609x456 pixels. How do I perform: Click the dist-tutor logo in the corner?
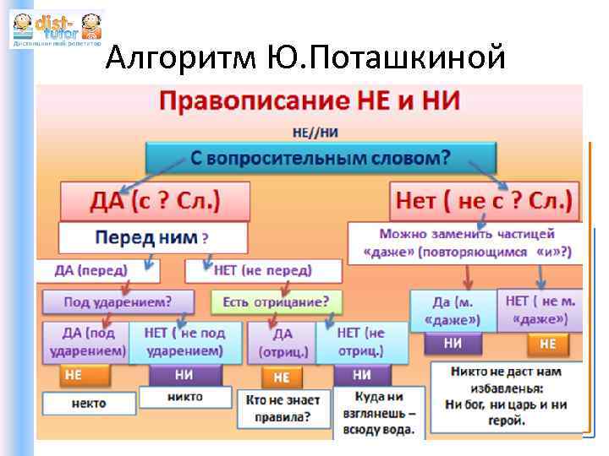(56, 29)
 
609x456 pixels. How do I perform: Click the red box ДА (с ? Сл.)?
(155, 202)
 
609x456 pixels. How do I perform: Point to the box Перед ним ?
(152, 237)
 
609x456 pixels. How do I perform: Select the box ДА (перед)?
(91, 270)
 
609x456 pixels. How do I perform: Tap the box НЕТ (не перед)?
(263, 270)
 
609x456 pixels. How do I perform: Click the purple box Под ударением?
(117, 301)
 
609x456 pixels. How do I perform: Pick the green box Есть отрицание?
(276, 301)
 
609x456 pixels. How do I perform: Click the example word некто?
(87, 404)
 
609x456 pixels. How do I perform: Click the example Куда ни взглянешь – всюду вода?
(373, 411)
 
